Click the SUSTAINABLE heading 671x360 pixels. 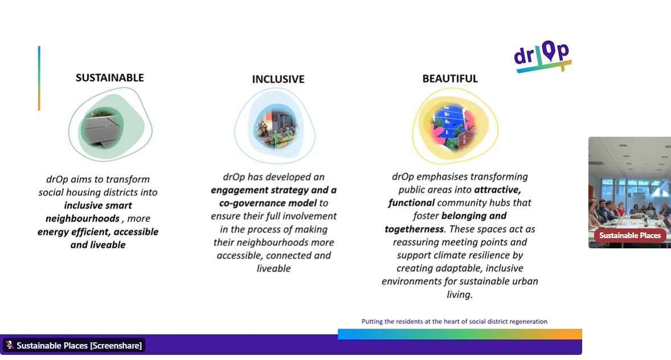109,77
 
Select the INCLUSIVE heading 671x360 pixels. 278,79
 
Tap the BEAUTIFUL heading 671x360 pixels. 450,79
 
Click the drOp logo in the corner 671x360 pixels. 543,56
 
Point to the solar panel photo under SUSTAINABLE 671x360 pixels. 102,127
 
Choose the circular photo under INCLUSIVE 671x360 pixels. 276,126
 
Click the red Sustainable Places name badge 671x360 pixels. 629,235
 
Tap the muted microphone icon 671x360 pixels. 10,345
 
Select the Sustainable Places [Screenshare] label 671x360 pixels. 79,345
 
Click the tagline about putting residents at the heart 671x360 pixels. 454,321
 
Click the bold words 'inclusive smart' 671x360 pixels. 98,206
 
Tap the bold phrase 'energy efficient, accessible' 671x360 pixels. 98,232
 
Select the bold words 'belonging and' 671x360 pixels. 474,216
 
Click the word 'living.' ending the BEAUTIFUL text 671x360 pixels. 460,294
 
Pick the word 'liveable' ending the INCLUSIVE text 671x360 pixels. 273,268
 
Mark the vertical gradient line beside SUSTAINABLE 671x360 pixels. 39,79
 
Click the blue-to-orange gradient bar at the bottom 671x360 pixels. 460,334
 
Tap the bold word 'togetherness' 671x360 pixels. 414,229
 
